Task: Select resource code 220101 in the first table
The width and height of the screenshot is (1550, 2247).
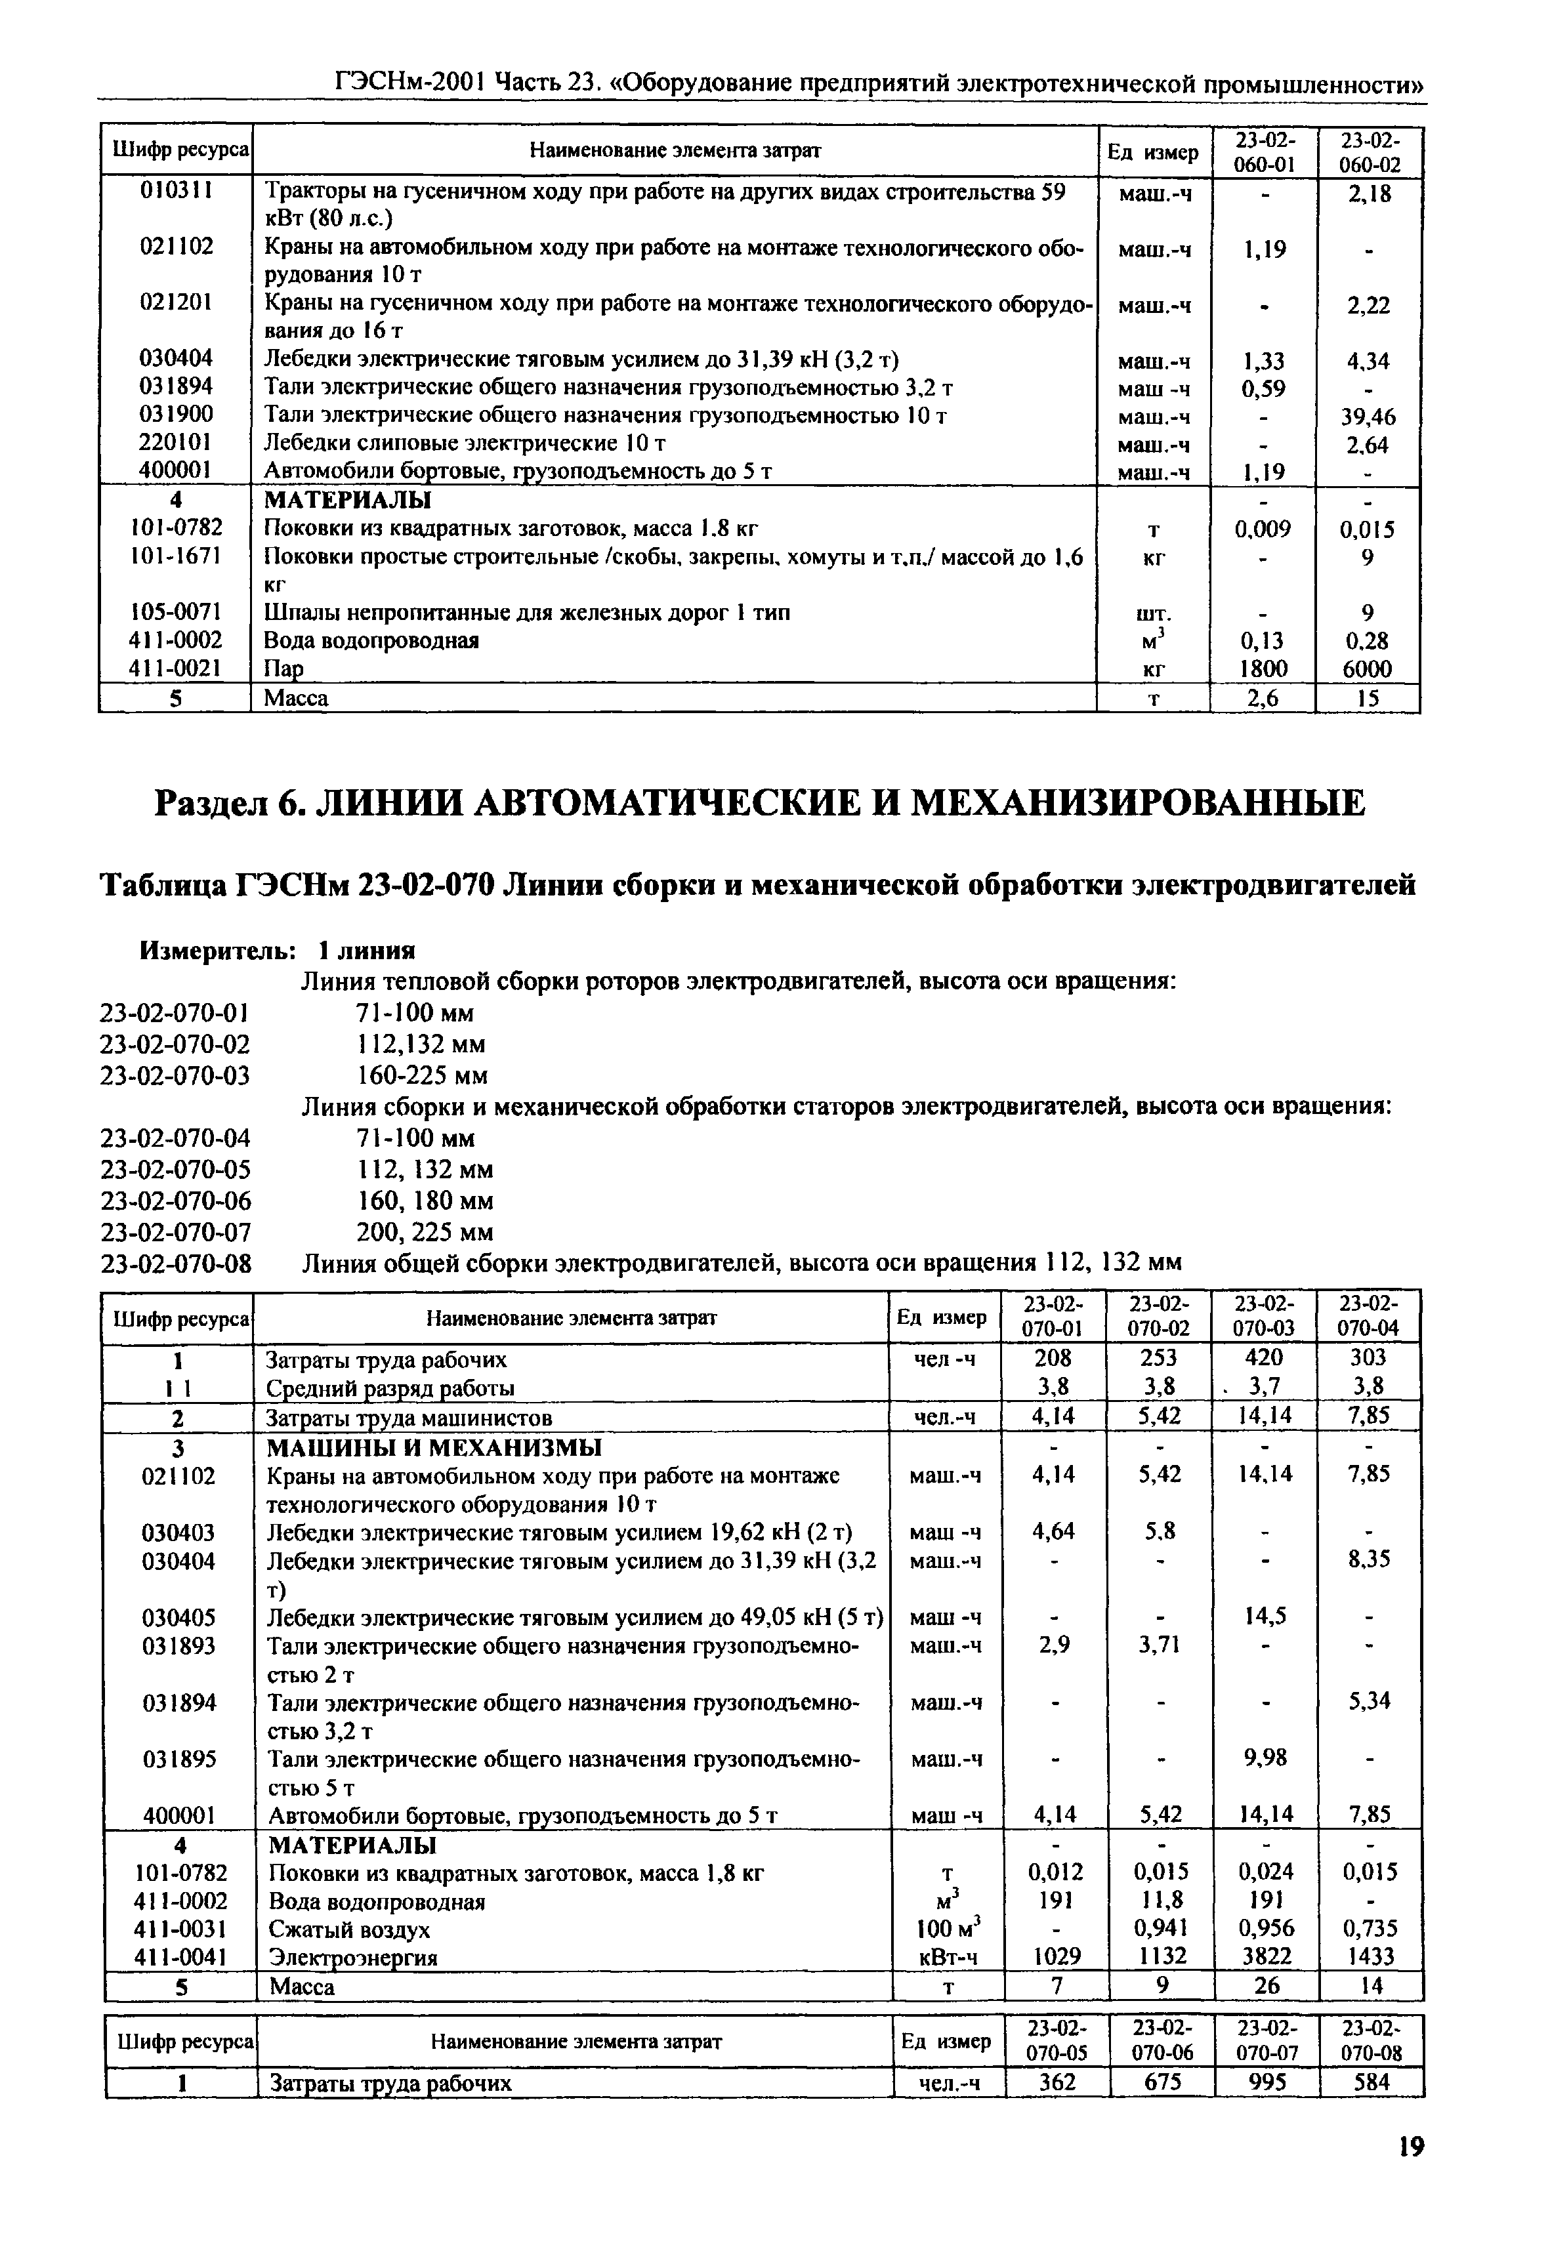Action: (x=176, y=443)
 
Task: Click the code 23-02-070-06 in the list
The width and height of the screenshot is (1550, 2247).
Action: (x=175, y=1201)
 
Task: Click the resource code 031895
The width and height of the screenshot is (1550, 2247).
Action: (x=178, y=1760)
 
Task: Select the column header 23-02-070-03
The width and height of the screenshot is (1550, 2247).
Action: (x=1265, y=1317)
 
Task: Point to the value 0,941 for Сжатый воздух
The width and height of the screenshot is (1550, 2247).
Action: (x=1161, y=1929)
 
